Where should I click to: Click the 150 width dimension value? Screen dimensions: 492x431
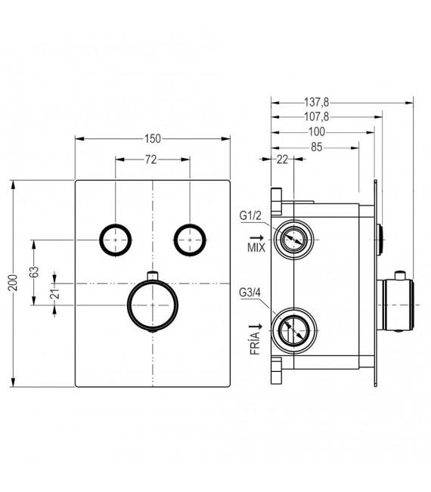(153, 138)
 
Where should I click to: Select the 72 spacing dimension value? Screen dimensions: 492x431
(151, 159)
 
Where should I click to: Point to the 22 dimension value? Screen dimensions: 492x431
(283, 159)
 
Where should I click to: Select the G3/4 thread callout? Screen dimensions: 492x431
(250, 292)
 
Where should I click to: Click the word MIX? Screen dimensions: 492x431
(255, 247)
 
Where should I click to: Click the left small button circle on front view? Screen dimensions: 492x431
(115, 240)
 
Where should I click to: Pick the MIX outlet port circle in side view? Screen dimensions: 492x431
(294, 240)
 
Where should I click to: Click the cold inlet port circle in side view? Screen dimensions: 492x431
(294, 330)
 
